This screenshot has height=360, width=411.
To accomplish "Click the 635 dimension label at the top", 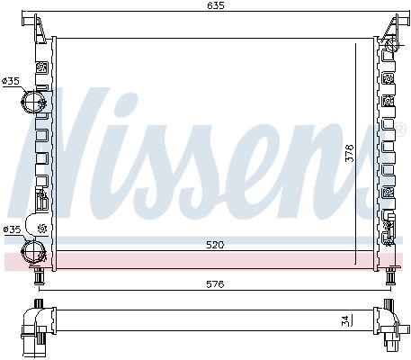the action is point(216,5).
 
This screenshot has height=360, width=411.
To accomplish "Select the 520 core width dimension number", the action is point(215,245).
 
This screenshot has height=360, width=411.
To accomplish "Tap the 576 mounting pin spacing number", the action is point(215,283).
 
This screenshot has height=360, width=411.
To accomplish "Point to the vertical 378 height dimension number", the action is point(350,153).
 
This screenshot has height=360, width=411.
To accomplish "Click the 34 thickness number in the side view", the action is point(344,320).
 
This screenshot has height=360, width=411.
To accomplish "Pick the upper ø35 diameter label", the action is point(11,81).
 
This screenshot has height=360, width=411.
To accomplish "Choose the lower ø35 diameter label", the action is point(12,229).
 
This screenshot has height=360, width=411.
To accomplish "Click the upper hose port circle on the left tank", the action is point(33,102).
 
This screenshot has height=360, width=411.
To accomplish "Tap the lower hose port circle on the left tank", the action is point(33,251).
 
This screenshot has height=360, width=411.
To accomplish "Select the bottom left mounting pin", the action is point(39,276).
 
